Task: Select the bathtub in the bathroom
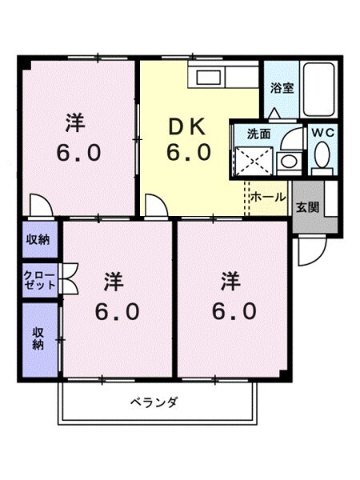[x=318, y=90]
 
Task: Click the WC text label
[x=323, y=132]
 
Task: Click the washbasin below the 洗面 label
[x=286, y=160]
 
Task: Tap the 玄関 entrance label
[x=308, y=206]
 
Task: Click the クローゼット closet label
[x=40, y=279]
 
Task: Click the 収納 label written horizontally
[x=39, y=238]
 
